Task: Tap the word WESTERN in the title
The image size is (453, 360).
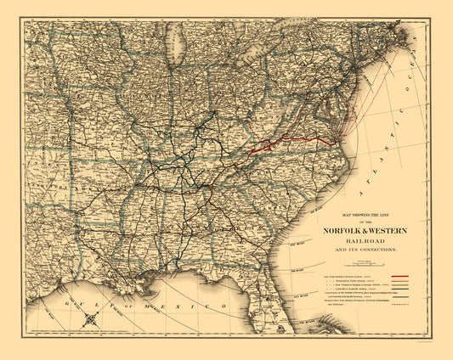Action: (394, 228)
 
